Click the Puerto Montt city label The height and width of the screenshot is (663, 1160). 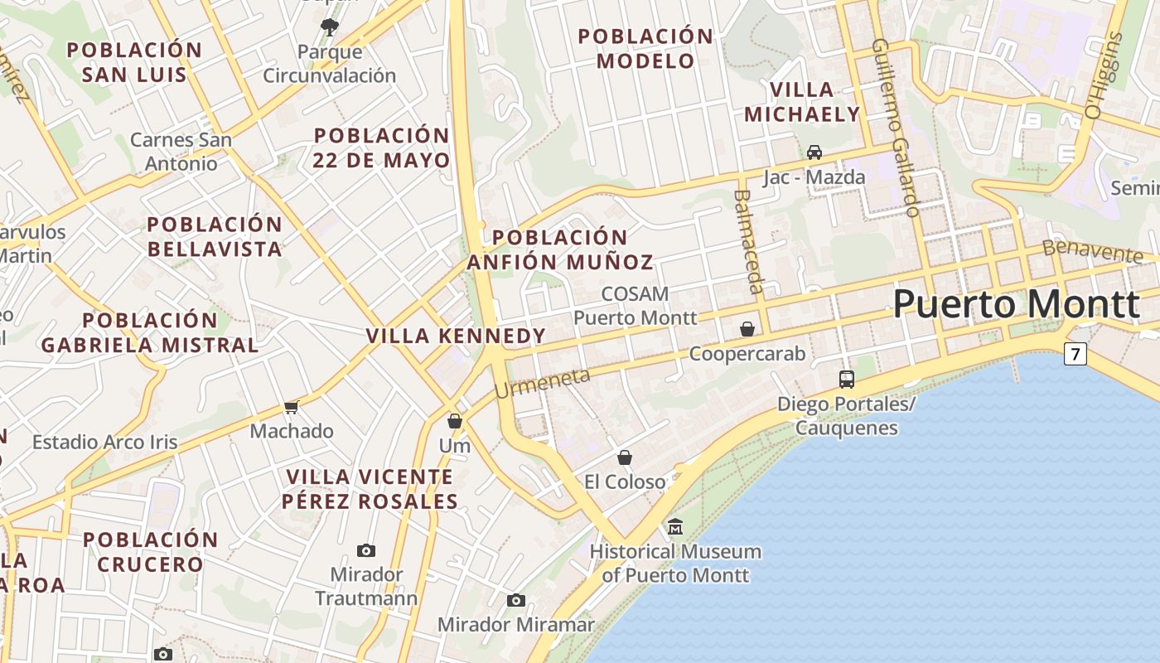1016,304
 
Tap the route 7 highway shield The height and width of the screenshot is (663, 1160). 1075,355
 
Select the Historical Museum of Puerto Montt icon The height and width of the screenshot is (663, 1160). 675,527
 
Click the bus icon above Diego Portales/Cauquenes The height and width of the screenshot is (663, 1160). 846,380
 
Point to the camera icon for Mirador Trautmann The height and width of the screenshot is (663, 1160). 365,550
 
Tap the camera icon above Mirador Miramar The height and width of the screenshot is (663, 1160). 516,601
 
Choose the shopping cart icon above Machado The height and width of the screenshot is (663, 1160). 291,407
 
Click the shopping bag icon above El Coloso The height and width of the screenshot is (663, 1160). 625,457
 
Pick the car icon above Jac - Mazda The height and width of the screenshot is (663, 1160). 814,152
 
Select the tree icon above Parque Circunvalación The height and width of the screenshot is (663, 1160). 329,27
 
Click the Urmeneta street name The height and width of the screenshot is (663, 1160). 543,382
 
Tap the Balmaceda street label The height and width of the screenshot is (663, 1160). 747,241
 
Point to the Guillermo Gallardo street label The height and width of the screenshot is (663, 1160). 896,128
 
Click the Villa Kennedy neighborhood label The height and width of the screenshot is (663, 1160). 456,336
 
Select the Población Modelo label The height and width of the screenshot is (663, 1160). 645,48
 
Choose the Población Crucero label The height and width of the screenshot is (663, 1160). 150,552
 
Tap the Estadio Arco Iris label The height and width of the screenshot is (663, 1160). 104,442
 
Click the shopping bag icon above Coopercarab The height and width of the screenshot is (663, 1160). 747,329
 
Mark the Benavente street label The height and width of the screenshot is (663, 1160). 1092,249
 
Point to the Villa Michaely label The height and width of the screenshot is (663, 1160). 802,102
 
